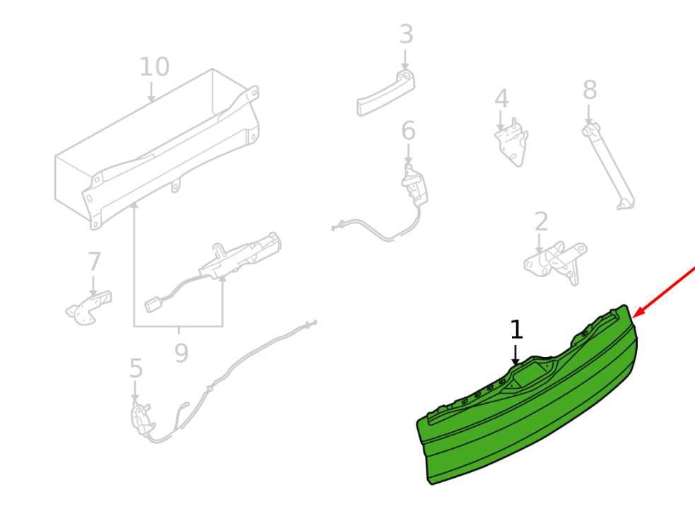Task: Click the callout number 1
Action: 516,329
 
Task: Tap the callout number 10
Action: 154,67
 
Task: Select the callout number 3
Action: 406,35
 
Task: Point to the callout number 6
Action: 408,131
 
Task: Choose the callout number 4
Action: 501,99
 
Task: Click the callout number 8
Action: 590,90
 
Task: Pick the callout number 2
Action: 541,222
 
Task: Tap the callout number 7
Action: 94,262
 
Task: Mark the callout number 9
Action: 181,353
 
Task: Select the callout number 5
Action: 136,368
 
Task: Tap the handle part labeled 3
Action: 385,93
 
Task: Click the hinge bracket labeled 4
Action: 511,141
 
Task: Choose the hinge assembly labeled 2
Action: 556,262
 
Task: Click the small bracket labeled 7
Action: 88,308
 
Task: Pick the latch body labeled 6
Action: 414,182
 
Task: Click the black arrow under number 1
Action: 515,355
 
